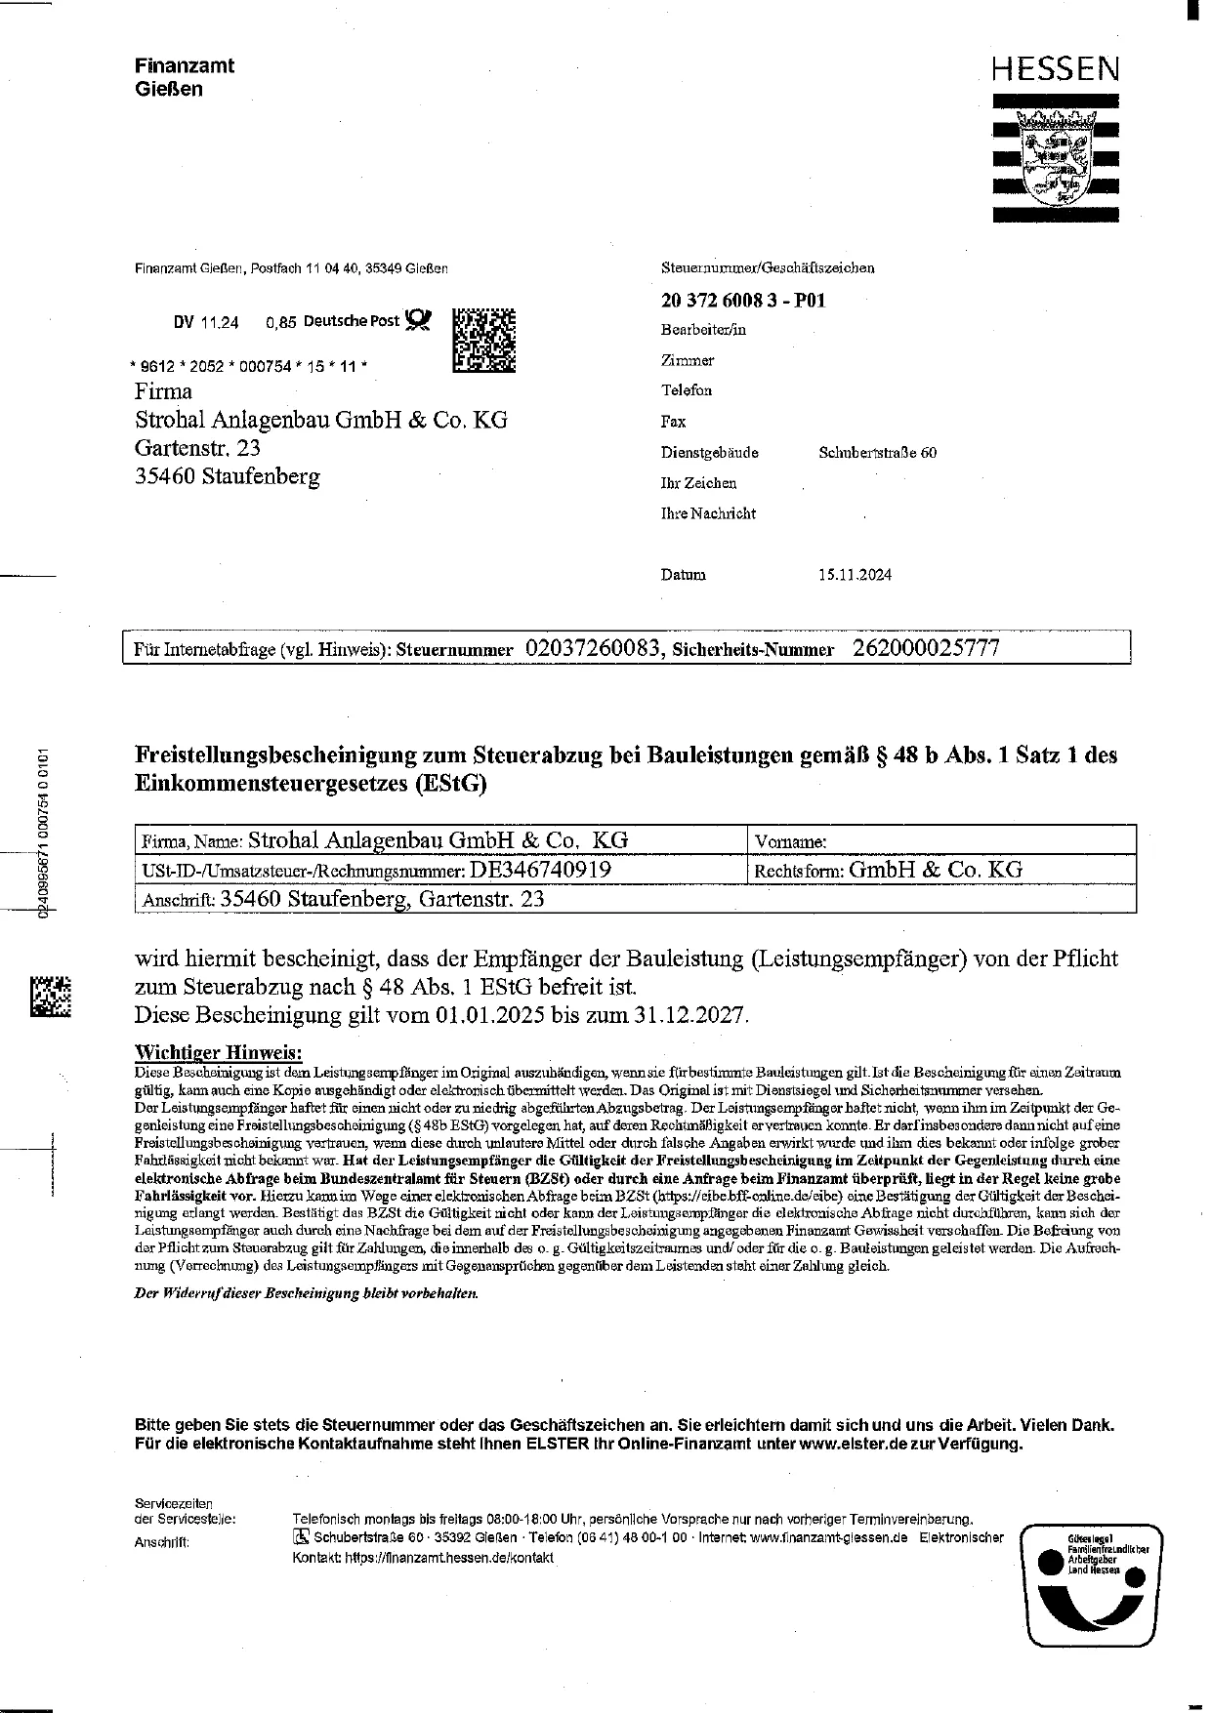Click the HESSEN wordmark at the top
[1055, 69]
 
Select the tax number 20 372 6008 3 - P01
[743, 301]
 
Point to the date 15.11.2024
[855, 575]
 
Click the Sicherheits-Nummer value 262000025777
[926, 648]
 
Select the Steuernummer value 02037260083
[595, 648]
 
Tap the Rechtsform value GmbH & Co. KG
[935, 869]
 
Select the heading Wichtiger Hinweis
[218, 1052]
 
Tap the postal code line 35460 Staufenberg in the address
[228, 476]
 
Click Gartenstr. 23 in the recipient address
[197, 448]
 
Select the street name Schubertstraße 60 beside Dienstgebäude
[877, 453]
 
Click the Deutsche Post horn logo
[418, 320]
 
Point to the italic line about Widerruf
[307, 1293]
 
